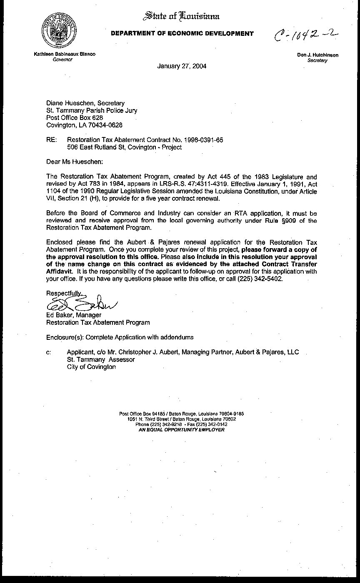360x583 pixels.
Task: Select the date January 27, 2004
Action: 181,66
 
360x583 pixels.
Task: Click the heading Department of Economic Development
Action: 182,34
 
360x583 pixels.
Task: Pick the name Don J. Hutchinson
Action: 317,55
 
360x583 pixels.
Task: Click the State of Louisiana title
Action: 181,16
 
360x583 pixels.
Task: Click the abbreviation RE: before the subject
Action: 51,140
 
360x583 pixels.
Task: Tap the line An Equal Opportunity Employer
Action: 181,429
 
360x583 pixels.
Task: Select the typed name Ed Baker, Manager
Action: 73,315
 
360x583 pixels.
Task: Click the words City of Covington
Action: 91,367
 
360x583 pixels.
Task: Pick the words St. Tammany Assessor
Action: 101,359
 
